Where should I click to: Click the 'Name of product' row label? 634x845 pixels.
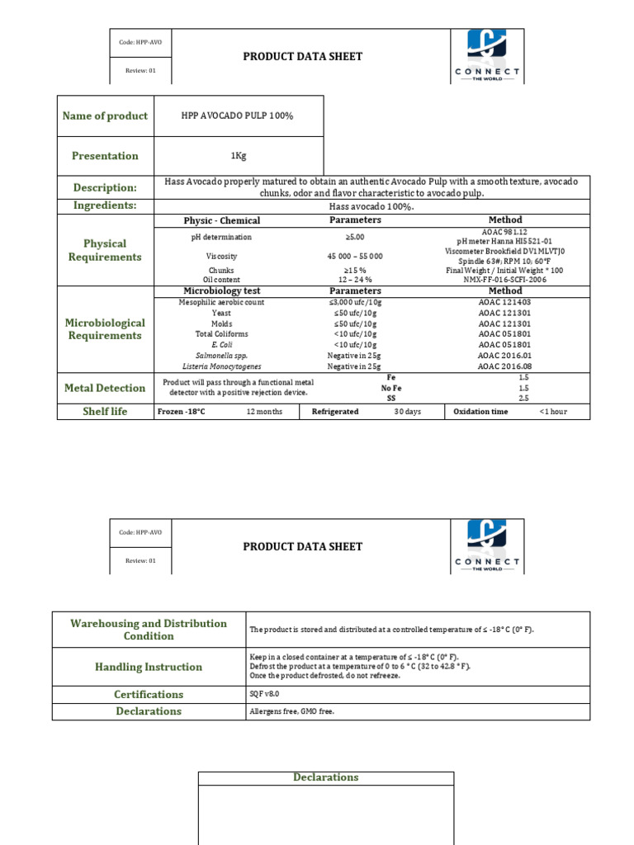click(105, 116)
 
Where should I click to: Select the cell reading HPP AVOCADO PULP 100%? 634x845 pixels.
click(237, 116)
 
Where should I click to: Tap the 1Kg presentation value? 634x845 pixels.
click(237, 156)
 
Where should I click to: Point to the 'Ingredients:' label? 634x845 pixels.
click(105, 205)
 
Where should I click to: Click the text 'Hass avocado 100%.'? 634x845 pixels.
click(371, 206)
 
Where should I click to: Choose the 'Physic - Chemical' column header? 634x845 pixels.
click(221, 221)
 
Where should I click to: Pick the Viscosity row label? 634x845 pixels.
click(221, 257)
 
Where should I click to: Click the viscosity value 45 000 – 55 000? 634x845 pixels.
click(355, 257)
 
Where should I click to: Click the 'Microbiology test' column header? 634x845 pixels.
click(221, 291)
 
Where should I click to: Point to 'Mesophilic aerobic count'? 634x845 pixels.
click(221, 303)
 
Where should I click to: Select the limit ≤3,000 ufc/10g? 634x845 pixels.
click(355, 303)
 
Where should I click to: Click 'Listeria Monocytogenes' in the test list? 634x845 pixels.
click(221, 366)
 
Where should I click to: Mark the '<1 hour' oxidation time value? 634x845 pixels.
click(553, 412)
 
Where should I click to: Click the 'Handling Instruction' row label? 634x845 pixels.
click(149, 667)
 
